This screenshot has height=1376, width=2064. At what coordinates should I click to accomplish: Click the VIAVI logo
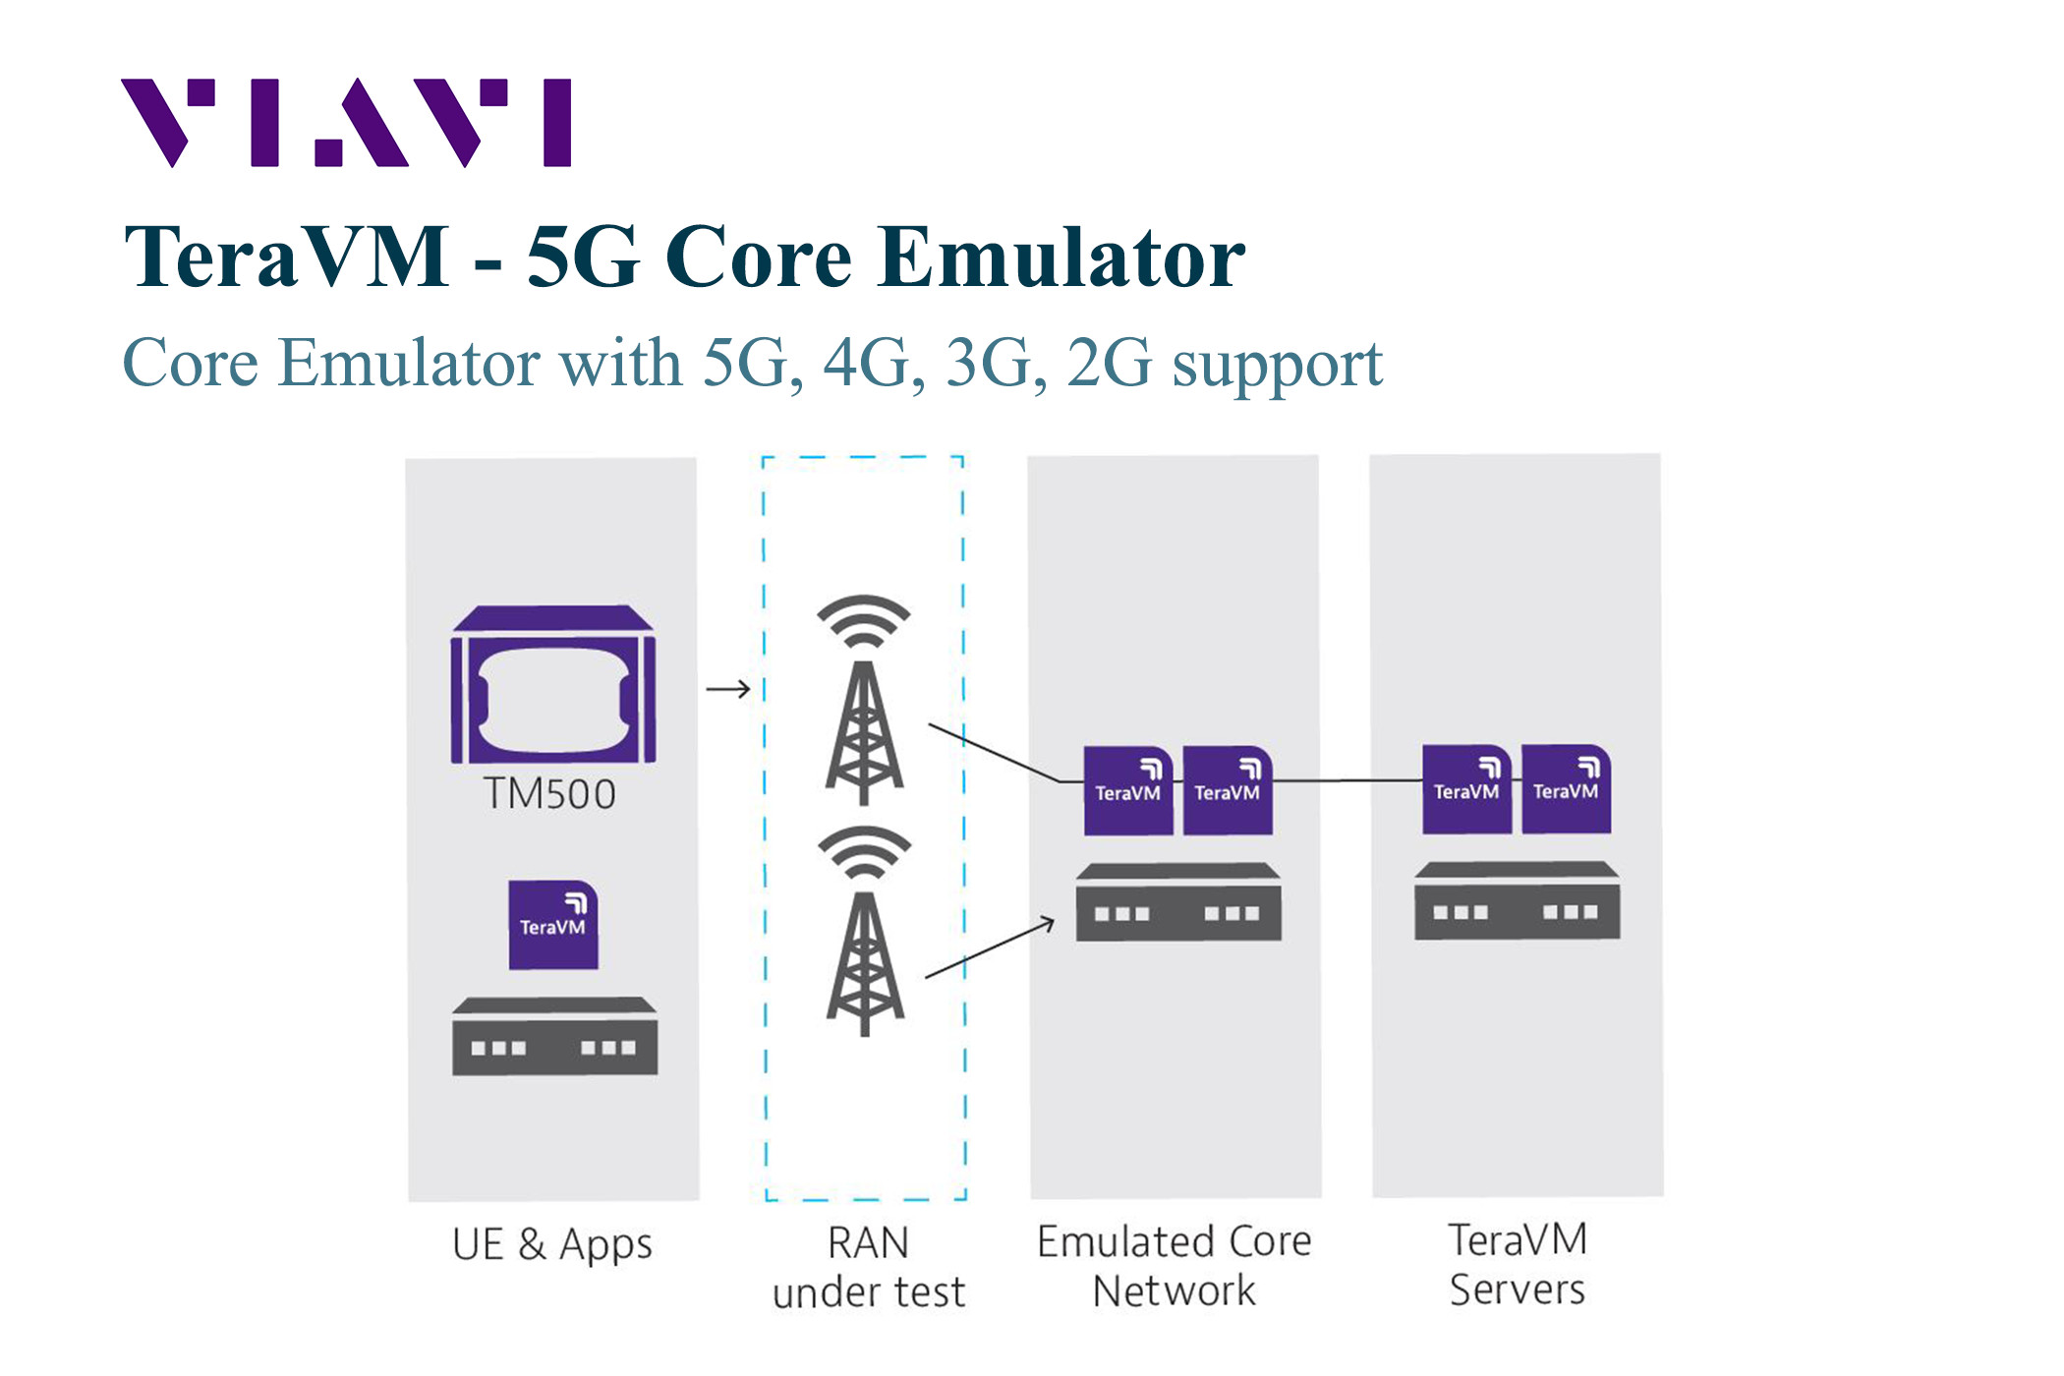[x=345, y=123]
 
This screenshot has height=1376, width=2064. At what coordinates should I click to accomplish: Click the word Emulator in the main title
[x=1061, y=258]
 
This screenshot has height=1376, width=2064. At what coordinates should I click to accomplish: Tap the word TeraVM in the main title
[x=286, y=258]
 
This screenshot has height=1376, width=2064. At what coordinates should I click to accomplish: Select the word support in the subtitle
[x=1277, y=364]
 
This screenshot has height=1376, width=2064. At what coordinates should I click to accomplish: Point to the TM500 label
[x=549, y=794]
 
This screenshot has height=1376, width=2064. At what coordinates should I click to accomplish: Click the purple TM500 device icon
[x=552, y=686]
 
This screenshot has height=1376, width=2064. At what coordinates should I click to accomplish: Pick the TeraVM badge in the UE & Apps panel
[x=552, y=925]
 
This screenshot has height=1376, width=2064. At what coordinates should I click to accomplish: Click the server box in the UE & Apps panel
[x=554, y=1037]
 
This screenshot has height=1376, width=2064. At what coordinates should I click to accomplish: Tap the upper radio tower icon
[x=864, y=700]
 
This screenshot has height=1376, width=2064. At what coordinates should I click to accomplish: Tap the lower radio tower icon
[x=864, y=931]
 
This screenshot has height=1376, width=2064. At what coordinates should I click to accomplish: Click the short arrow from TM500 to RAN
[x=728, y=689]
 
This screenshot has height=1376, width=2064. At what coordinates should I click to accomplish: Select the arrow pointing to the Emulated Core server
[x=991, y=948]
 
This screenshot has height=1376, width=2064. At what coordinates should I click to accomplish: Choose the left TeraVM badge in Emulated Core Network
[x=1127, y=791]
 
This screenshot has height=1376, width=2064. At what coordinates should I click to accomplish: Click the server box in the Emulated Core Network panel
[x=1177, y=902]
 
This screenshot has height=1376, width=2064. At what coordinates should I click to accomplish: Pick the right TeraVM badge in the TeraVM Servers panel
[x=1566, y=789]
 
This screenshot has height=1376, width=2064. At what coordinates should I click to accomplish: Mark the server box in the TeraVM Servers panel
[x=1517, y=900]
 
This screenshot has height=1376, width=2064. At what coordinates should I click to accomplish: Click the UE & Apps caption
[x=551, y=1244]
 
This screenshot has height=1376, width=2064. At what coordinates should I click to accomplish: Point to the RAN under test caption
[x=868, y=1268]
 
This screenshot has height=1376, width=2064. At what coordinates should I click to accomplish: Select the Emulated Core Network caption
[x=1175, y=1266]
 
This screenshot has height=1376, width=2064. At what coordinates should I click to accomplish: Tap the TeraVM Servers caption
[x=1518, y=1264]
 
